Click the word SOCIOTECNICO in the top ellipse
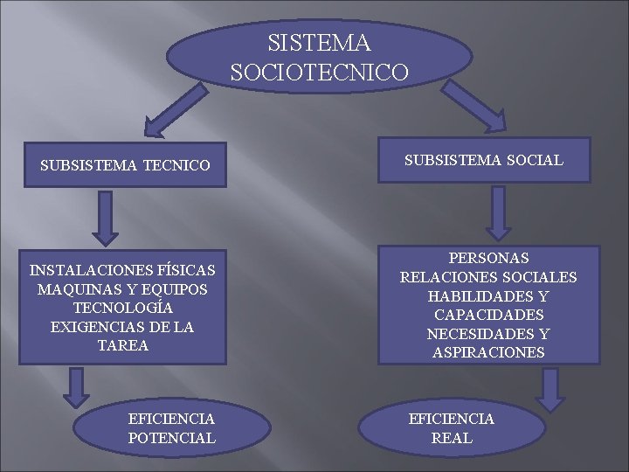click(x=319, y=70)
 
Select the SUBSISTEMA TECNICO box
click(x=124, y=164)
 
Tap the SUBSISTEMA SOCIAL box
click(x=484, y=160)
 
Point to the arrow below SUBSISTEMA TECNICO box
click(x=105, y=217)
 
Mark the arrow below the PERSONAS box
click(x=550, y=389)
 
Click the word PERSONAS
click(x=488, y=259)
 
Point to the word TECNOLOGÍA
click(x=122, y=309)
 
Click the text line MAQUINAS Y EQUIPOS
click(x=122, y=289)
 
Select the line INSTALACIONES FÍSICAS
click(x=122, y=270)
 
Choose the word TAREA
click(x=122, y=346)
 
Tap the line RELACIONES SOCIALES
click(x=488, y=278)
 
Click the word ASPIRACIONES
click(x=488, y=353)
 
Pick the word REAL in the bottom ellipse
click(x=452, y=438)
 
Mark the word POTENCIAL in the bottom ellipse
click(x=171, y=438)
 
